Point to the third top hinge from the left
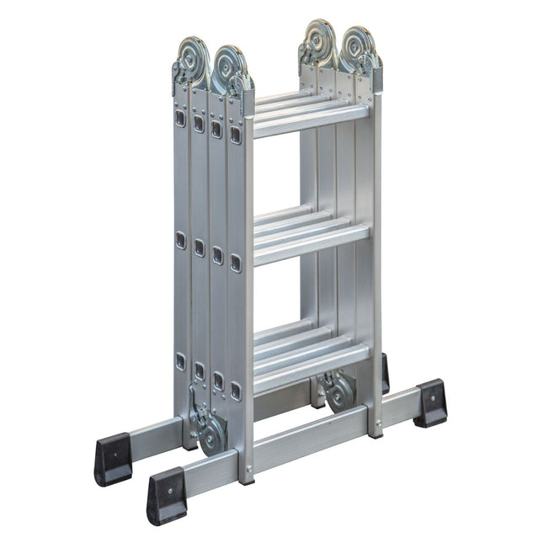click(x=322, y=43)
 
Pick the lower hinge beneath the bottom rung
click(x=338, y=391)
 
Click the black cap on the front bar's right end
click(x=430, y=402)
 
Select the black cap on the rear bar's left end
click(x=113, y=460)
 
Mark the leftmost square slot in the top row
click(x=180, y=118)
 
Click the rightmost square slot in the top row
click(x=236, y=135)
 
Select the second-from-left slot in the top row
click(x=199, y=124)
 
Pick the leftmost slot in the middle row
click(x=180, y=241)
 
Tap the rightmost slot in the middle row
click(x=236, y=263)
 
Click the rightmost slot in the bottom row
click(x=236, y=390)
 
